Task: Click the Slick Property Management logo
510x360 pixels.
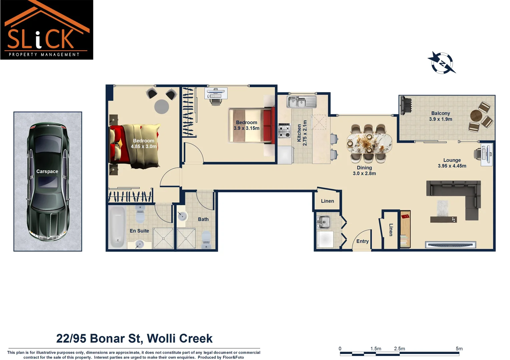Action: [47, 30]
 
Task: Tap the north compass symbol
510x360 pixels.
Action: [442, 63]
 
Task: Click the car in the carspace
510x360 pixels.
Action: [48, 182]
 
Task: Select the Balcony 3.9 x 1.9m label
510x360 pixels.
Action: [440, 116]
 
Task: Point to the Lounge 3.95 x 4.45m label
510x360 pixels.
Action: [452, 163]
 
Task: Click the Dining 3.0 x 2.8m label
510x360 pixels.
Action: [364, 171]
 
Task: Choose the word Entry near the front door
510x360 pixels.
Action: [362, 241]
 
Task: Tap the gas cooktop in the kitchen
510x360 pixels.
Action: [284, 130]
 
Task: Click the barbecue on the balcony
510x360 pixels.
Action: [406, 106]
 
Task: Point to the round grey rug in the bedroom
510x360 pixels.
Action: [162, 106]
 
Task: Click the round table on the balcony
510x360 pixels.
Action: [477, 117]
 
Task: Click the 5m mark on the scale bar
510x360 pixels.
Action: [459, 349]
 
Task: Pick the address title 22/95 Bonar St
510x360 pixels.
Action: [134, 338]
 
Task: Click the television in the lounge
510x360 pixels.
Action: [450, 245]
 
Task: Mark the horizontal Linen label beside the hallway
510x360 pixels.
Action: [327, 201]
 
